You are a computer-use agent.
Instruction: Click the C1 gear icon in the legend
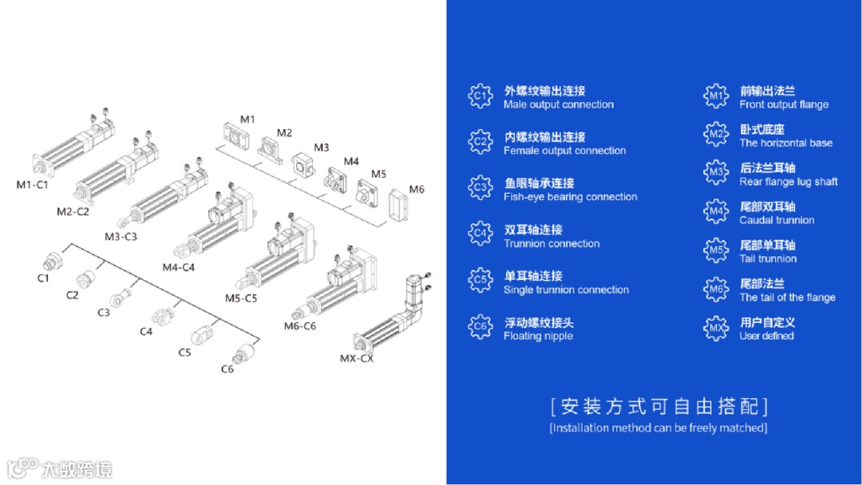pos(480,97)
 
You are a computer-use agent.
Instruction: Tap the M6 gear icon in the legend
pos(716,290)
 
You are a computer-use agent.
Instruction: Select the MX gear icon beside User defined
pos(716,328)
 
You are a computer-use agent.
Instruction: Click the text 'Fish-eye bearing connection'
pos(570,197)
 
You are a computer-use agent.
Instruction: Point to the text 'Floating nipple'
pos(538,336)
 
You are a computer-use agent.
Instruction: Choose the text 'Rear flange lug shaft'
pos(789,182)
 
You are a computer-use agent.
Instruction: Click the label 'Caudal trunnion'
pos(777,220)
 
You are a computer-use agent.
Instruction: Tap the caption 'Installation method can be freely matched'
pos(658,428)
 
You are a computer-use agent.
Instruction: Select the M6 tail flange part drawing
pos(398,204)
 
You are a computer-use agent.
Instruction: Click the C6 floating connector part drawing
pos(243,353)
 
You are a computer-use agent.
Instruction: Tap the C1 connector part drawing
pos(53,261)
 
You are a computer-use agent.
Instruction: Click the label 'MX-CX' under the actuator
pos(356,358)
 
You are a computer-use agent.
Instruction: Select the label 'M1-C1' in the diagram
pos(33,185)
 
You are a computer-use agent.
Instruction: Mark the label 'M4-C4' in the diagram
pos(178,267)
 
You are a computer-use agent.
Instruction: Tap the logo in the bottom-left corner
pos(59,468)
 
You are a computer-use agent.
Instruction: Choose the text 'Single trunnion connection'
pos(566,290)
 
